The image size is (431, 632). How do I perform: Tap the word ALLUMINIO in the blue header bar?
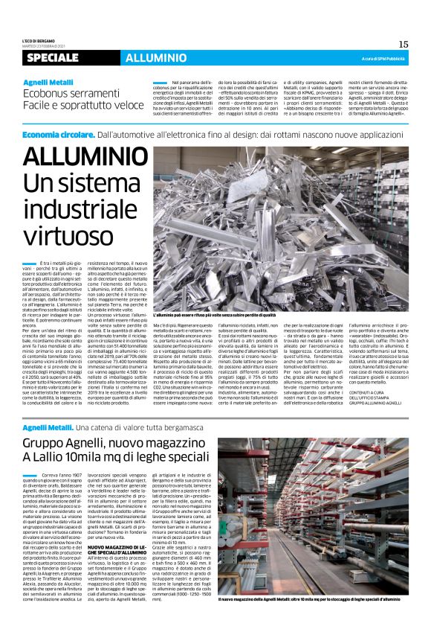146,58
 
